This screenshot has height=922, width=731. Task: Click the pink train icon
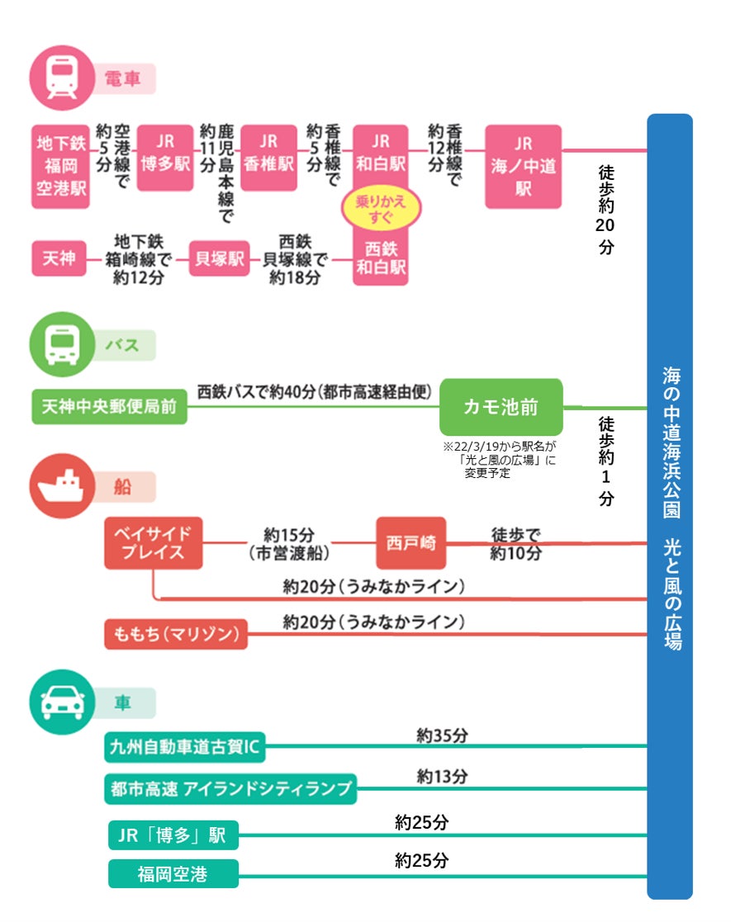(62, 77)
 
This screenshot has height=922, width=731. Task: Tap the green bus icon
(62, 344)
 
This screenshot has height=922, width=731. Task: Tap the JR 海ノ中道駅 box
(523, 166)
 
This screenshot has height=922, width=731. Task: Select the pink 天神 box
(59, 259)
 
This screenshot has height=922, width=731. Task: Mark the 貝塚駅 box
(219, 259)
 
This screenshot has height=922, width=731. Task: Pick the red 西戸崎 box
(411, 543)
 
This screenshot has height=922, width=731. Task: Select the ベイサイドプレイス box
(154, 543)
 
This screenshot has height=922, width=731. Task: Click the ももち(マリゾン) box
(176, 634)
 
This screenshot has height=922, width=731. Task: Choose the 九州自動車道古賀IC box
(186, 748)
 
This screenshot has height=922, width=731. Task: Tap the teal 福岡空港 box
(173, 873)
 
